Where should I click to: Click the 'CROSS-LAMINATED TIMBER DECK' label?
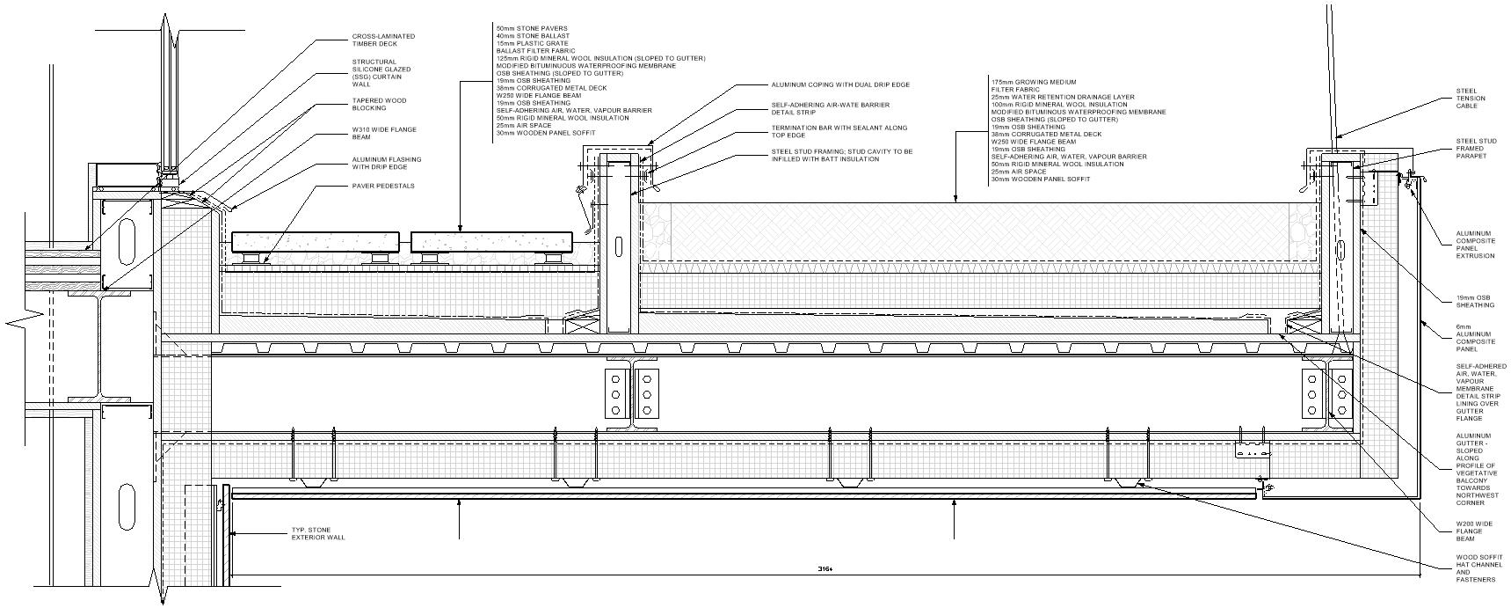[x=382, y=40]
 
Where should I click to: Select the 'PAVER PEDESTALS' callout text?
[x=382, y=187]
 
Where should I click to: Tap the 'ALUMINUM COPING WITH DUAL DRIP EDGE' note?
[x=839, y=85]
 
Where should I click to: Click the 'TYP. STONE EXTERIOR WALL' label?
[x=318, y=533]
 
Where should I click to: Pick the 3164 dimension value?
[x=824, y=569]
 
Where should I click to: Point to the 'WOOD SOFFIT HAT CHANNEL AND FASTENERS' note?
[x=1475, y=568]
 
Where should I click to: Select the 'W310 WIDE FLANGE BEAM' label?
[x=384, y=134]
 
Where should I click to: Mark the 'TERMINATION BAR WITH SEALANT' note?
[x=839, y=131]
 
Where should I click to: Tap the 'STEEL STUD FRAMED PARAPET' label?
[x=1476, y=148]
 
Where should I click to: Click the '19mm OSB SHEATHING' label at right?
[x=1474, y=301]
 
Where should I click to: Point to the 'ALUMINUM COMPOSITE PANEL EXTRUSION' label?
[x=1474, y=245]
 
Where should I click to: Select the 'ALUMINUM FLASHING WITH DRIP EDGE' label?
[x=386, y=163]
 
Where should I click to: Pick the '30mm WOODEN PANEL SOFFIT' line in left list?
[x=545, y=133]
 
